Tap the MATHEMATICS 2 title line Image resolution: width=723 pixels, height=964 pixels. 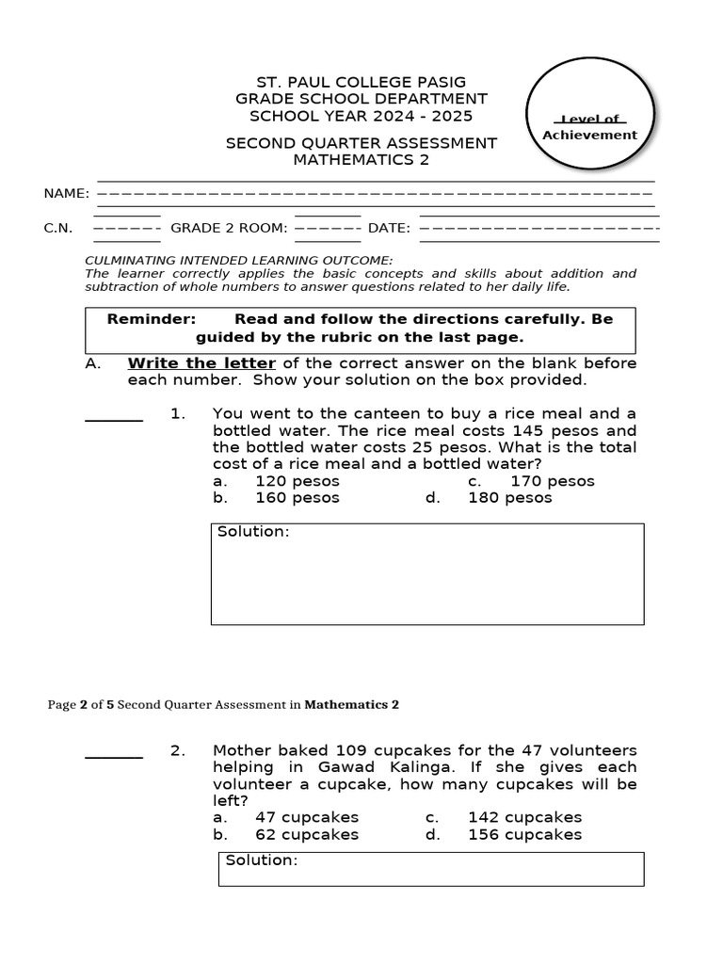coord(361,160)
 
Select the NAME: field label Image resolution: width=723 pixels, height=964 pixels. coord(67,194)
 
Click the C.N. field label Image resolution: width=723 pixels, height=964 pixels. coord(58,228)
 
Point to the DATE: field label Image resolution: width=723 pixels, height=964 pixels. coord(389,228)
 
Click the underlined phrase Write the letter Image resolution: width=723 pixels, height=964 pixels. coord(201,363)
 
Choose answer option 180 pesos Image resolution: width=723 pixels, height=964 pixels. coord(510,498)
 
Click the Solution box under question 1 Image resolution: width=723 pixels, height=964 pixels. coord(427,574)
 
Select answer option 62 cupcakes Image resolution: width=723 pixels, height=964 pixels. coord(307,834)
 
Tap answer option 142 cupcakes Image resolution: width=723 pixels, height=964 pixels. coord(524,817)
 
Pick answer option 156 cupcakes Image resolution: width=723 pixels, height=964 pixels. coord(524,834)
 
